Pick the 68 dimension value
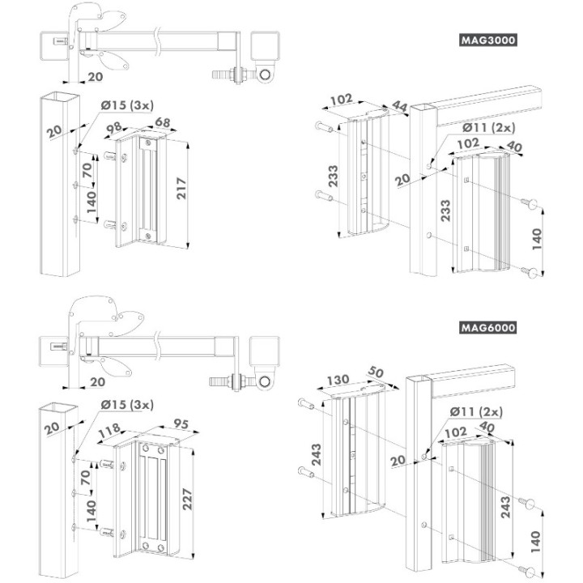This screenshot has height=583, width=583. pos(162,123)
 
